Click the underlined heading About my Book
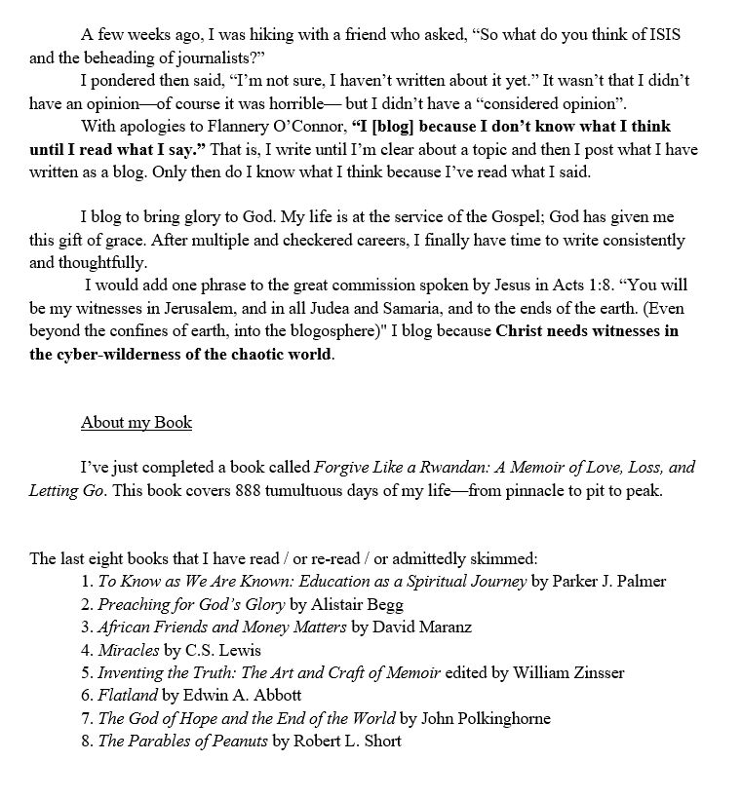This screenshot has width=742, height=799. click(x=137, y=423)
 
